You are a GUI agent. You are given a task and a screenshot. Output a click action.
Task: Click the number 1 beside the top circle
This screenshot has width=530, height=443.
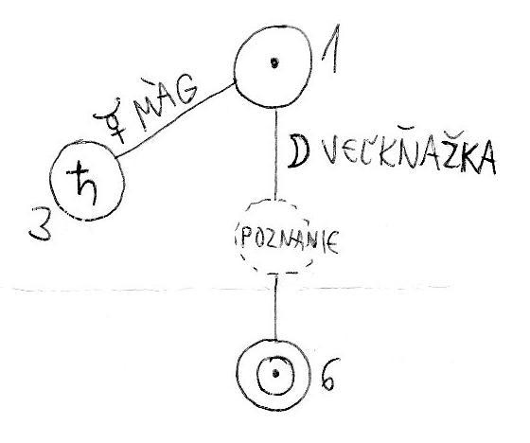coord(331,49)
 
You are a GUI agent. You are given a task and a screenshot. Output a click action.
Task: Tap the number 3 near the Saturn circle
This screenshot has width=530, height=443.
coord(41,224)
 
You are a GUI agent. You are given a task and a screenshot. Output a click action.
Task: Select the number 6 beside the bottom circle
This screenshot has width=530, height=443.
coord(328,374)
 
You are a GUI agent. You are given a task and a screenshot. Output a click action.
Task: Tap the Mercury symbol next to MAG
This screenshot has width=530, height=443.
coord(111,119)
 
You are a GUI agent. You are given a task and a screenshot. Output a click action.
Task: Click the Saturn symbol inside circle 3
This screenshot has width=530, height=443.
coord(83,183)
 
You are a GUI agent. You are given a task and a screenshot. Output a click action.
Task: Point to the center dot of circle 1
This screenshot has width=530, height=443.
coord(274,62)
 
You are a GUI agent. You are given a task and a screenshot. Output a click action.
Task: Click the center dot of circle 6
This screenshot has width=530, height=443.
coord(275,373)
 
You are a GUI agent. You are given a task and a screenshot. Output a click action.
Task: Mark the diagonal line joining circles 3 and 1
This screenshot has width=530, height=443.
coord(175,121)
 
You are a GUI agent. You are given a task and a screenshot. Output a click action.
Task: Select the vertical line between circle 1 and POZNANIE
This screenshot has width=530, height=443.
coord(276,155)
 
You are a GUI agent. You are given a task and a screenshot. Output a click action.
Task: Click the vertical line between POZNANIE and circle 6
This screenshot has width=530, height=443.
coord(275,308)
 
